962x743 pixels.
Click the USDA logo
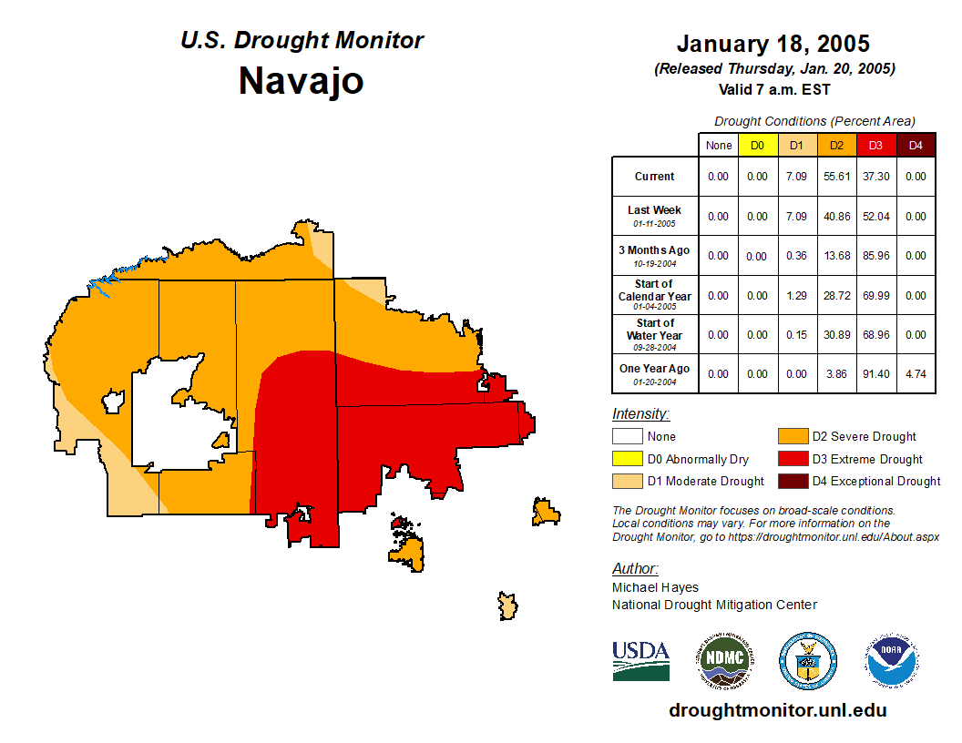pos(640,660)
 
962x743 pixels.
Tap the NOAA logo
pos(892,660)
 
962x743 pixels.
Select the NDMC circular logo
pos(725,660)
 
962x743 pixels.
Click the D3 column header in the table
pos(875,145)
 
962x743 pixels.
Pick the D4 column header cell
pos(916,145)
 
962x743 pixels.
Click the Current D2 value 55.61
pos(836,177)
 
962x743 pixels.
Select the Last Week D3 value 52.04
pos(875,216)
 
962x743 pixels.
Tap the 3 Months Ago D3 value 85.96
pos(875,256)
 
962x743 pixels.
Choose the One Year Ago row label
pos(655,369)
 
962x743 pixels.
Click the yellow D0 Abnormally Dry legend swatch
pos(627,459)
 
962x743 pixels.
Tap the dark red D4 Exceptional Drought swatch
pos(792,481)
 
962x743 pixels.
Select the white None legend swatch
pos(627,437)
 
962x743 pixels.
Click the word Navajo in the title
pos(302,81)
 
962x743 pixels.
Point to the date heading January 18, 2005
pos(773,44)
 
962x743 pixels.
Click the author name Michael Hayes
pos(655,588)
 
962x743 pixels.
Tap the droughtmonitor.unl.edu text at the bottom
pos(777,710)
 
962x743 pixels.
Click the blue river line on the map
pos(118,273)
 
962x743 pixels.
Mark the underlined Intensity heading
pos(640,414)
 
